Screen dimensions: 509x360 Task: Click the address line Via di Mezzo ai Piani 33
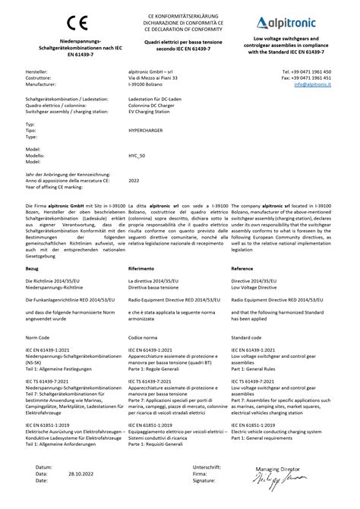tap(154, 77)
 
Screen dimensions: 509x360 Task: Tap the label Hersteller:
tap(37, 71)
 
